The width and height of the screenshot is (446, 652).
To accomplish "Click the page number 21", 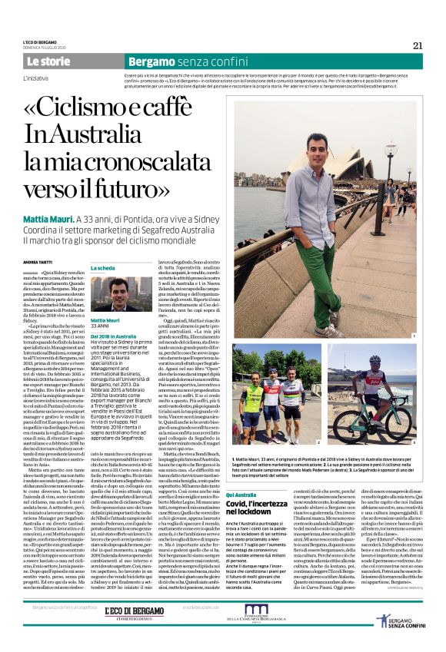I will pos(418,45).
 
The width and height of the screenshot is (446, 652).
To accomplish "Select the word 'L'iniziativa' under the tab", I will pos(40,78).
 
